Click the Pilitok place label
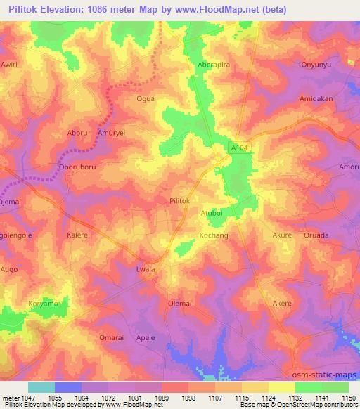[180, 201]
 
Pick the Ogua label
[144, 99]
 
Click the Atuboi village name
[212, 212]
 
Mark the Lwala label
[144, 269]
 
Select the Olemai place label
[180, 304]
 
